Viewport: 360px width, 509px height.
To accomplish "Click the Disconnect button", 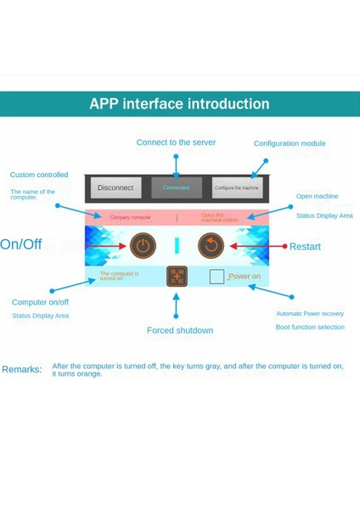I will [115, 187].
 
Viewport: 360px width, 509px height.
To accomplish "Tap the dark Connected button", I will [177, 187].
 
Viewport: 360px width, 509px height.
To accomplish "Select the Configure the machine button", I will [237, 187].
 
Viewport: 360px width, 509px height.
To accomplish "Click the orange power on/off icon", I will [143, 246].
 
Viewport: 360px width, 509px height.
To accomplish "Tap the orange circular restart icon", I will [211, 246].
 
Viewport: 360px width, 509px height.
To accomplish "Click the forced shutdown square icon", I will [177, 277].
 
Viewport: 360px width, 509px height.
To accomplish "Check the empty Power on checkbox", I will [217, 277].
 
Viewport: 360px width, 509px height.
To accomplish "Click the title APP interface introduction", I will [179, 104].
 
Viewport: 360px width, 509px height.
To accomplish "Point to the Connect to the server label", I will [176, 143].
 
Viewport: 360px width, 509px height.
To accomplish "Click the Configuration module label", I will [289, 143].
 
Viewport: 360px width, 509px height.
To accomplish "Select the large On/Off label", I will [21, 245].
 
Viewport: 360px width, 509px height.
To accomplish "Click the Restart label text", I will [305, 247].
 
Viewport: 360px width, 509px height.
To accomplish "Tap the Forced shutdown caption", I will [180, 331].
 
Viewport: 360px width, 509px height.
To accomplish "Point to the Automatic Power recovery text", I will [310, 314].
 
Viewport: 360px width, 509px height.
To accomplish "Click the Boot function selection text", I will [310, 327].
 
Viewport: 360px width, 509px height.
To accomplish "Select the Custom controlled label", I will [39, 175].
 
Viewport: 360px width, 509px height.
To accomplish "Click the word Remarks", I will [21, 370].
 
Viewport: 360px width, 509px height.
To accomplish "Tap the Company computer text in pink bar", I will [131, 218].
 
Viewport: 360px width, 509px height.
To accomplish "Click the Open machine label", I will [317, 197].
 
